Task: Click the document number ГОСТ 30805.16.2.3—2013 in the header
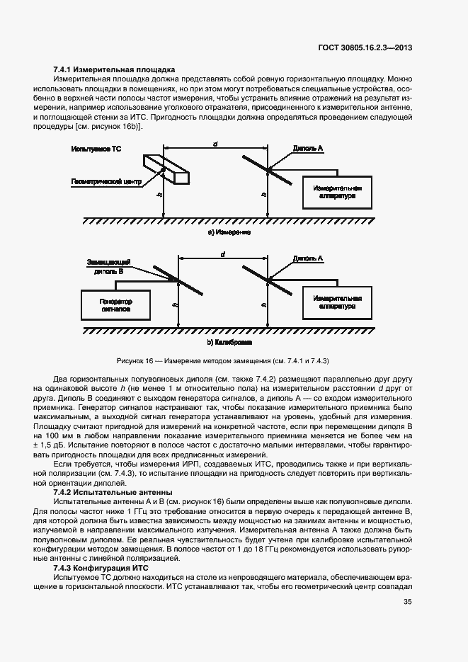coord(369,47)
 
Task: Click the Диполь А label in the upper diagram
coord(308,149)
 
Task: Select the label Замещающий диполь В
coord(105,266)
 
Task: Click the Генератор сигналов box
coord(117,305)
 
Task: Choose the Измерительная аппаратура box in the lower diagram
coord(336,302)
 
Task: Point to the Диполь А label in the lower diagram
coord(308,259)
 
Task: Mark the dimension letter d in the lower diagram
coord(222,253)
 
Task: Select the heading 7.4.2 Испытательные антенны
coord(113,491)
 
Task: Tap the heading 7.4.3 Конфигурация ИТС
coord(110,568)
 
